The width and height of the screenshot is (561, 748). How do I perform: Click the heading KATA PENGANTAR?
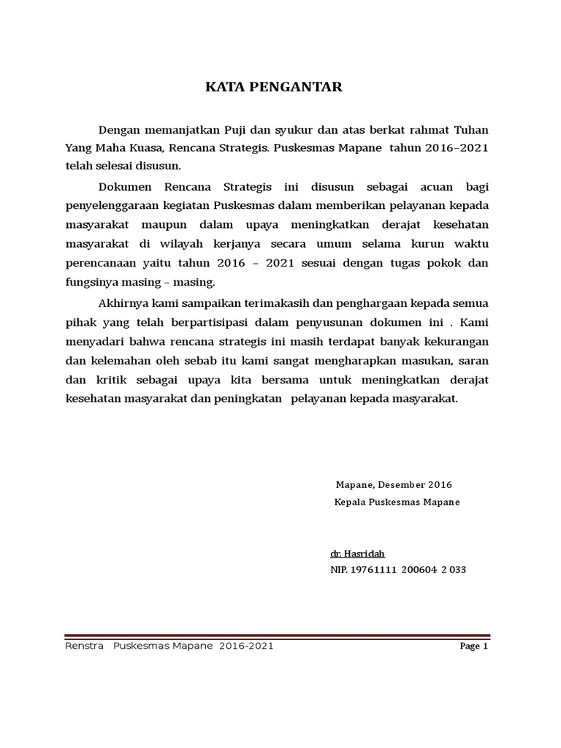click(x=272, y=88)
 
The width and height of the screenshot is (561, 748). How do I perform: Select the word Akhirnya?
click(x=118, y=303)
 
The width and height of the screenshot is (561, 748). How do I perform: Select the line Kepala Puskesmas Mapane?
click(x=397, y=503)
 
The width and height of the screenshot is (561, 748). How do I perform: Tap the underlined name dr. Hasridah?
click(x=357, y=554)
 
